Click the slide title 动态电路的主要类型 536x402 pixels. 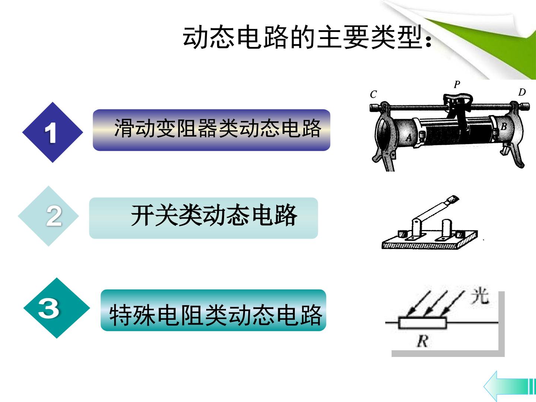(307, 37)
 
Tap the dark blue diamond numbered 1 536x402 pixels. (52, 132)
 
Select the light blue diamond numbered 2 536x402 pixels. (48, 216)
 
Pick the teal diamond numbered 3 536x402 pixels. (57, 308)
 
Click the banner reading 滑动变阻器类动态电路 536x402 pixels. (211, 130)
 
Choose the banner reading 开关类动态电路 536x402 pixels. (203, 218)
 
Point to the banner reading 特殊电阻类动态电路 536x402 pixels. (213, 310)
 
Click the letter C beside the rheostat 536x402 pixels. (373, 94)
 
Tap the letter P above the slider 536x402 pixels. (457, 84)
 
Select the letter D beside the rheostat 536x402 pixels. (522, 92)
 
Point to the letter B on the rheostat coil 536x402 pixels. (504, 127)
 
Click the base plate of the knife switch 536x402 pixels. (430, 240)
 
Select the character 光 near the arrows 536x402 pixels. (480, 296)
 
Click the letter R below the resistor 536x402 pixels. (422, 341)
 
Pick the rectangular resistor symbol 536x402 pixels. (422, 323)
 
